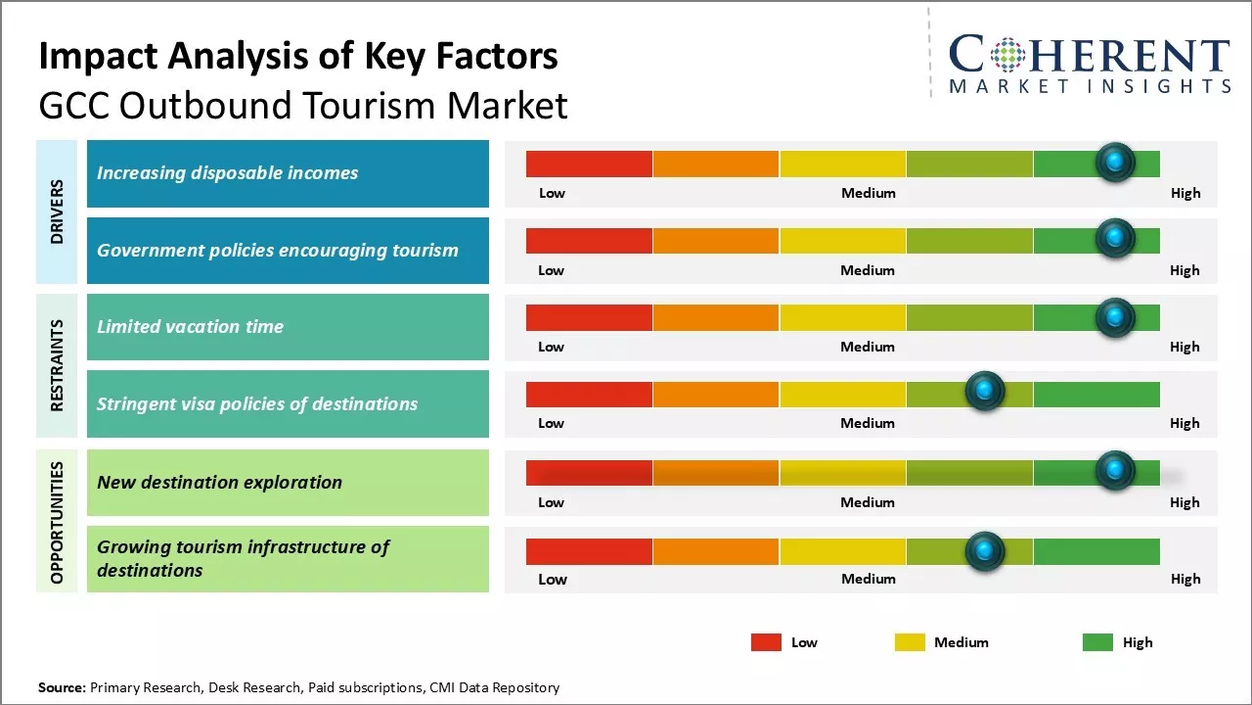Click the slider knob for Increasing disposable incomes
pos(1115,163)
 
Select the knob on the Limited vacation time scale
pos(1115,317)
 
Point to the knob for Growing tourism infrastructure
pos(985,552)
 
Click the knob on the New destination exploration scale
pos(1115,471)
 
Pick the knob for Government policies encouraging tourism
pos(1115,238)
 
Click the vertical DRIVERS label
pos(57,211)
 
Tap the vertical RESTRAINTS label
pos(57,365)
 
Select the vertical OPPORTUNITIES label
pos(57,522)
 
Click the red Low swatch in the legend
pos(766,642)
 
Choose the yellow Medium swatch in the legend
pos(910,642)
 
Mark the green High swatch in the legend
pos(1097,642)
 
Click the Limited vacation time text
pos(190,327)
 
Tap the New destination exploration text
pos(219,482)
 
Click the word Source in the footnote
pos(62,687)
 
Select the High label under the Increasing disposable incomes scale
pos(1185,193)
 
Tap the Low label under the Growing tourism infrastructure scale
pos(553,579)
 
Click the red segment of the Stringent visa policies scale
pos(589,395)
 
